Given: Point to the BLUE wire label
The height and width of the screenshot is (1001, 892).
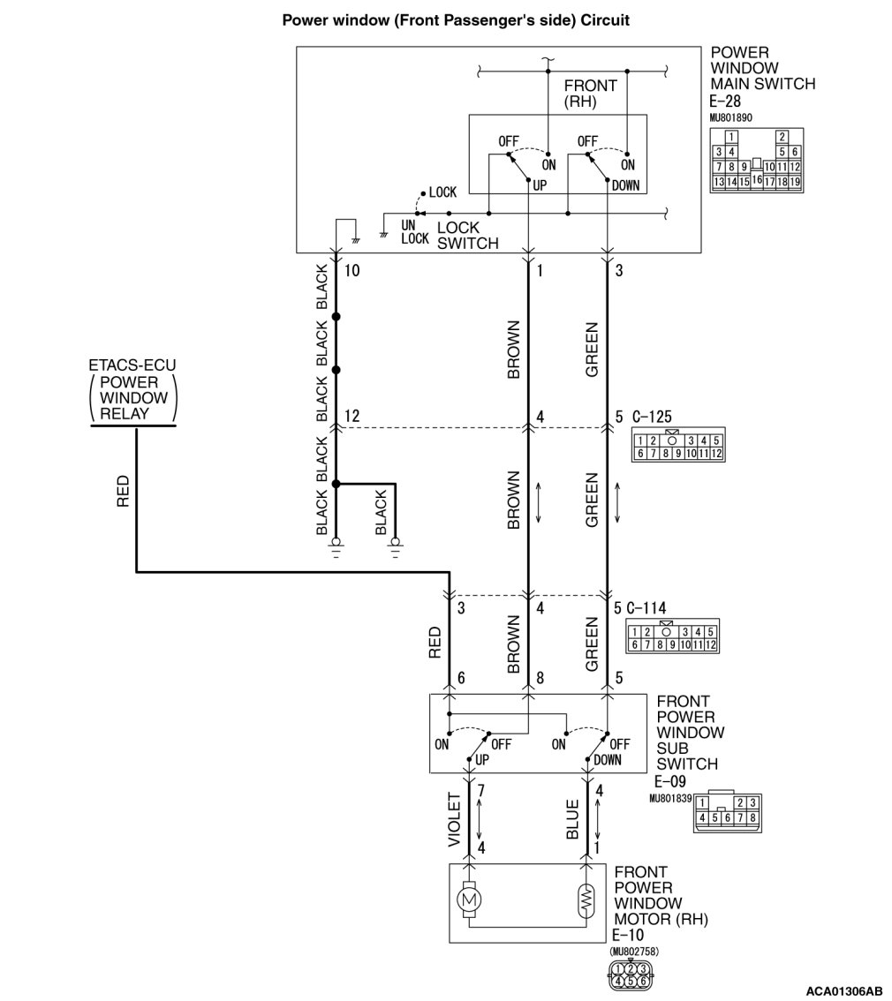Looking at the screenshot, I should (x=572, y=820).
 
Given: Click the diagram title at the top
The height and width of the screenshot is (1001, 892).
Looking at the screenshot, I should (x=455, y=19).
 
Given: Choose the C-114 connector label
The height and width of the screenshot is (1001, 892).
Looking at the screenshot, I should (x=649, y=607).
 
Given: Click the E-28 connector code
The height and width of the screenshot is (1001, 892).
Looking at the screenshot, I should (x=727, y=102).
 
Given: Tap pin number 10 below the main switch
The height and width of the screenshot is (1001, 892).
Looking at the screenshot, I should (x=352, y=271).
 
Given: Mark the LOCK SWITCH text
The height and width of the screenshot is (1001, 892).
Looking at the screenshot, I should (x=467, y=236).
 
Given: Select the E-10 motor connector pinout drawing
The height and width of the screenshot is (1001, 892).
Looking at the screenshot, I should (x=629, y=973).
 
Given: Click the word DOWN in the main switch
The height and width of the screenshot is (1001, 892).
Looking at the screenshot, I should (x=625, y=185).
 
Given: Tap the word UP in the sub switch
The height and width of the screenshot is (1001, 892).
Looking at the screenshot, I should (x=482, y=759).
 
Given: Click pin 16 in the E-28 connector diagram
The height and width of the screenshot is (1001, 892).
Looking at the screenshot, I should (x=757, y=178).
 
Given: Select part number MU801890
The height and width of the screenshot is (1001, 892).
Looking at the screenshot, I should (x=730, y=117).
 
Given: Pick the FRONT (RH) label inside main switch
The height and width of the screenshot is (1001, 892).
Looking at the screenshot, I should (x=590, y=94).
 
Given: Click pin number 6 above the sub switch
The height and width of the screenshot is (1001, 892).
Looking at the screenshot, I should (x=461, y=679).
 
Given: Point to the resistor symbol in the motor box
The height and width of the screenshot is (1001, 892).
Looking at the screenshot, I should (x=586, y=899).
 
